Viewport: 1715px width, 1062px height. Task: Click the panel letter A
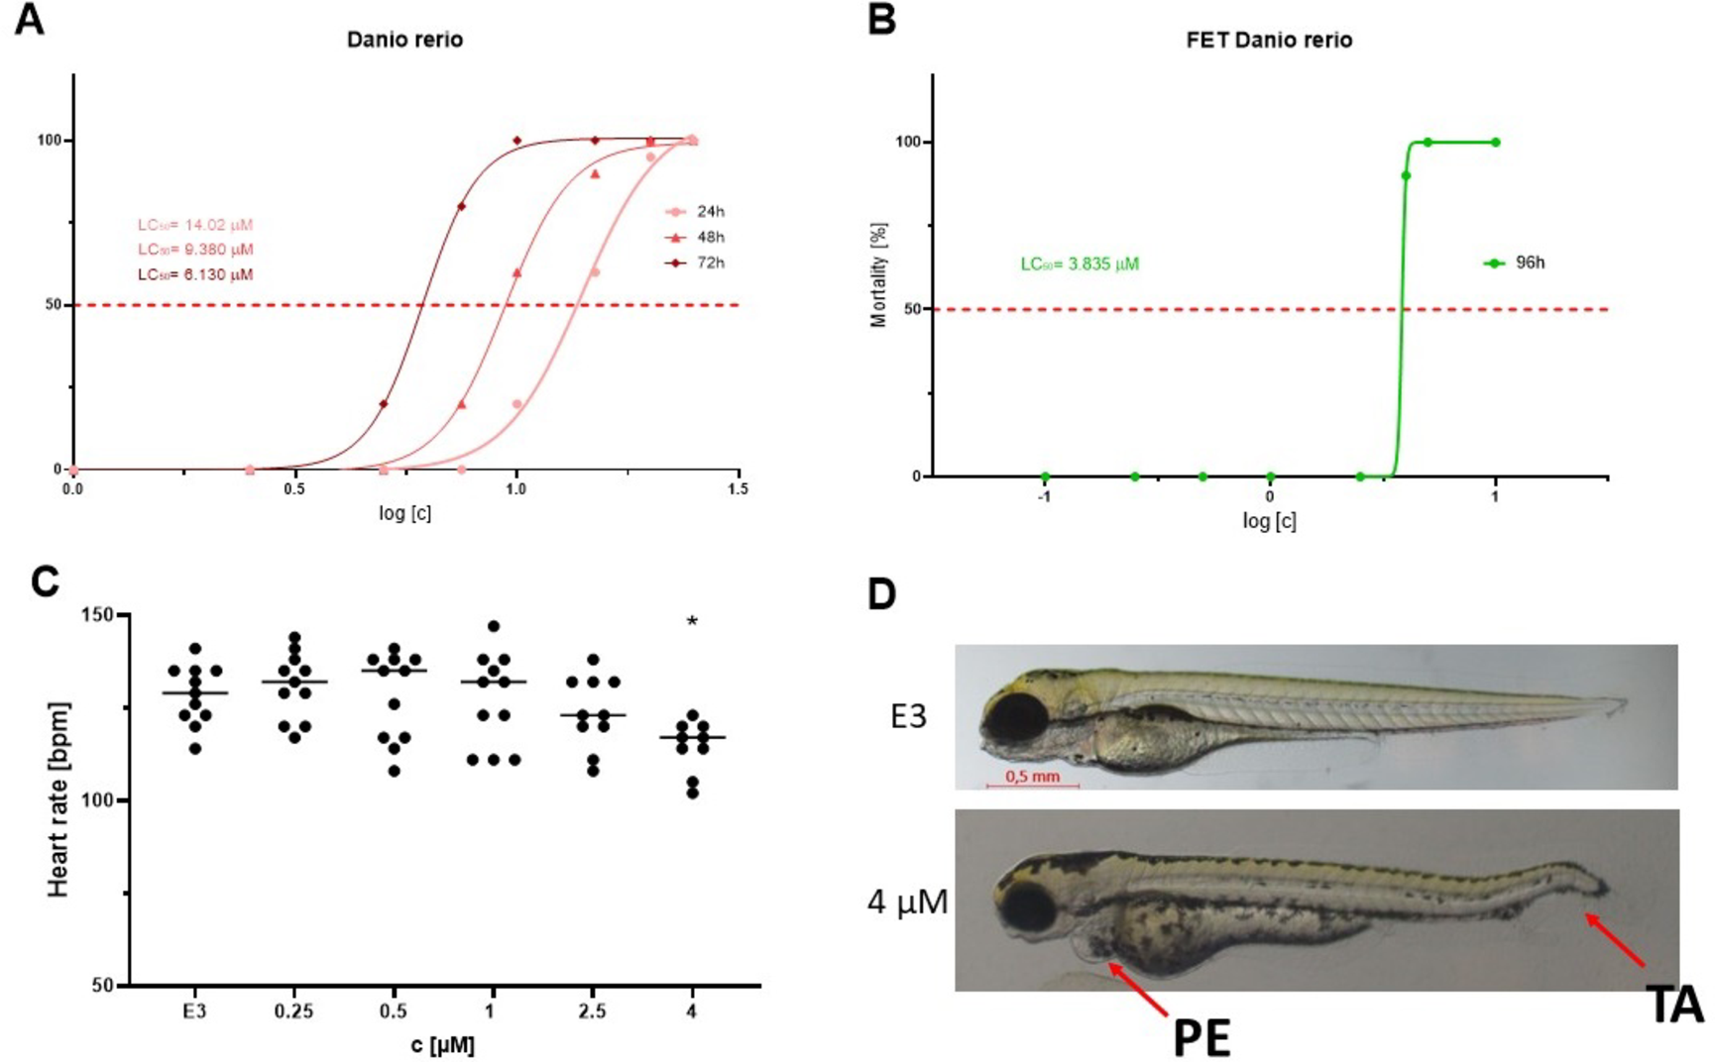[29, 19]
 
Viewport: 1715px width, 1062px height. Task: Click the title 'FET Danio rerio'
[1269, 41]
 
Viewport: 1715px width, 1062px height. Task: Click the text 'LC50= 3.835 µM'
[1080, 265]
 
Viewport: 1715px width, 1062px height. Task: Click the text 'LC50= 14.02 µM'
[194, 225]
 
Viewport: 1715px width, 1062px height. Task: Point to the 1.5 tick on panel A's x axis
[737, 489]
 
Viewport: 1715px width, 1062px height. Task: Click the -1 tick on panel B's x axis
[1044, 496]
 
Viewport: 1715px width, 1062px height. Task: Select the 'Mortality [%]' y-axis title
[879, 274]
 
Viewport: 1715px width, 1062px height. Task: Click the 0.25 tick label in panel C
[293, 1011]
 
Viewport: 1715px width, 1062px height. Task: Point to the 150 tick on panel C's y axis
[97, 615]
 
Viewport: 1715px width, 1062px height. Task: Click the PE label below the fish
[1201, 1038]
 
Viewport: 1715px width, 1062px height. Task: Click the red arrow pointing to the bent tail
[1616, 940]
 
